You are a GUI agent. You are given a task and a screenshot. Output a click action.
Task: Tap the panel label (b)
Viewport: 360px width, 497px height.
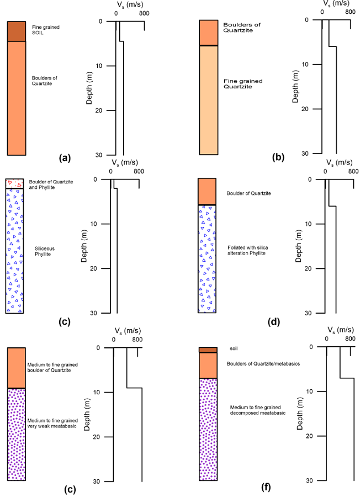coord(278,157)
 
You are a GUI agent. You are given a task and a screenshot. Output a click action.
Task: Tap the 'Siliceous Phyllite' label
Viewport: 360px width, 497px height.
coord(44,251)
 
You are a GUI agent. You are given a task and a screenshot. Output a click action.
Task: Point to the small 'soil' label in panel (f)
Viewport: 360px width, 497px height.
coord(234,349)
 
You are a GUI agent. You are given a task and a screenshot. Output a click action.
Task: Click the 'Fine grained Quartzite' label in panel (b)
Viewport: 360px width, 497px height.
coord(242,84)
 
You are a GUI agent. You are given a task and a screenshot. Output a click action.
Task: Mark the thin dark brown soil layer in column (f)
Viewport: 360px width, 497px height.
coord(208,350)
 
